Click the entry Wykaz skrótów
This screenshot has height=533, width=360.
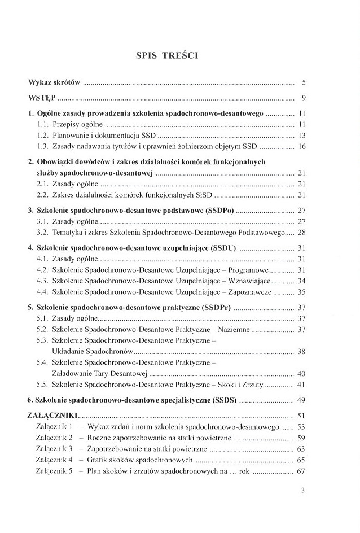coord(54,82)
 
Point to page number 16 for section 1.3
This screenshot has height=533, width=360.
coord(301,146)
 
